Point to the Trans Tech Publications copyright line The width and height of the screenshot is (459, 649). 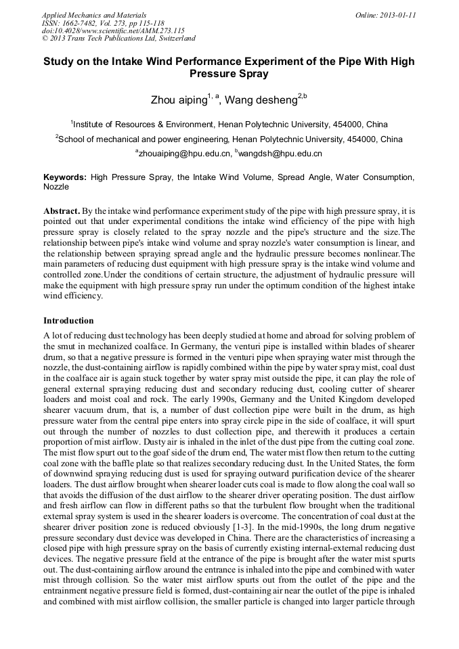coord(118,39)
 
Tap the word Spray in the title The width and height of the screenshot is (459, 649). coord(253,74)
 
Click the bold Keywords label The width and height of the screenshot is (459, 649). coord(65,177)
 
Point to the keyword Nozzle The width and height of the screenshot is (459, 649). coord(56,186)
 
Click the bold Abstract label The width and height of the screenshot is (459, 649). coord(63,211)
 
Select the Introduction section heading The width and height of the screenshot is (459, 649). coord(68,320)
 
